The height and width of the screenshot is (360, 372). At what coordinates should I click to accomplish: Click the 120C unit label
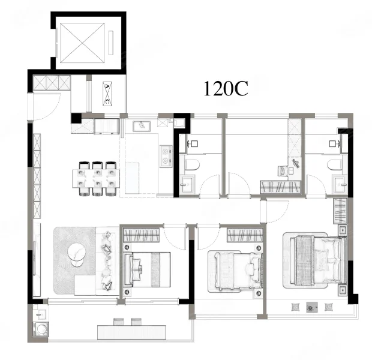pyautogui.click(x=226, y=89)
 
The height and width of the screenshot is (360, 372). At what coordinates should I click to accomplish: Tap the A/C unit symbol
pyautogui.click(x=107, y=94)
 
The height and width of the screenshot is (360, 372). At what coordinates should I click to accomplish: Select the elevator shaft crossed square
pyautogui.click(x=82, y=43)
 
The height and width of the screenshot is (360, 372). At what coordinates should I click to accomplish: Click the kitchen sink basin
pyautogui.click(x=142, y=126)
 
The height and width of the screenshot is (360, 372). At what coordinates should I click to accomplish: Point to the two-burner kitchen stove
pyautogui.click(x=166, y=157)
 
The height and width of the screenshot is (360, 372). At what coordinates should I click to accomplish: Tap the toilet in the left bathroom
pyautogui.click(x=192, y=164)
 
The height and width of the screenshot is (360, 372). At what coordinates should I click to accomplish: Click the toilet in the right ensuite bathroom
pyautogui.click(x=334, y=164)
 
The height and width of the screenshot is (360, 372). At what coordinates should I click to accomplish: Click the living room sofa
pyautogui.click(x=107, y=261)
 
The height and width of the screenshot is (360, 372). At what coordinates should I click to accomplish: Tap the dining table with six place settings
pyautogui.click(x=96, y=178)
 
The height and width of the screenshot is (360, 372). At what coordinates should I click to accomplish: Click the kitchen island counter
pyautogui.click(x=132, y=178)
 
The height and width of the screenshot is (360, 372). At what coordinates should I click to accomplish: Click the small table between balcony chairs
pyautogui.click(x=312, y=307)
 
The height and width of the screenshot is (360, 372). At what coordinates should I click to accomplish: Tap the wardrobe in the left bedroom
pyautogui.click(x=141, y=235)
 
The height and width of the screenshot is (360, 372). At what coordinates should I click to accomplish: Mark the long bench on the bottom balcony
pyautogui.click(x=131, y=332)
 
